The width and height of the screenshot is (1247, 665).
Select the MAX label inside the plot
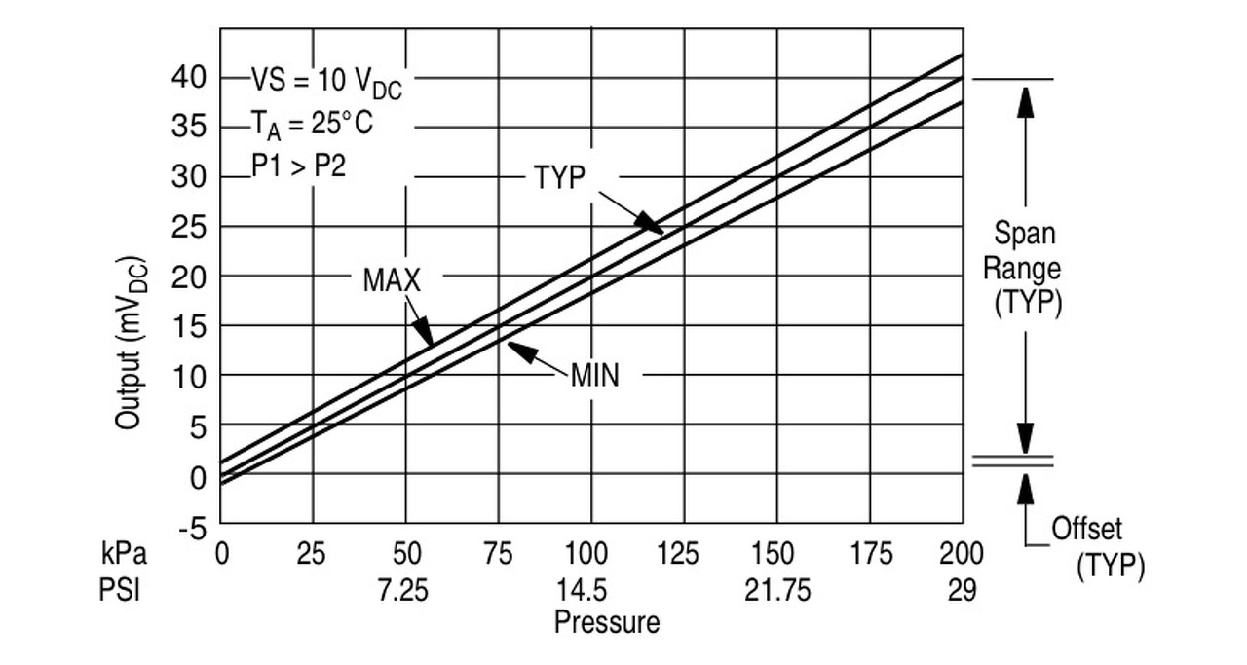392,280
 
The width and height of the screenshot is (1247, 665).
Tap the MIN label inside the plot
594,375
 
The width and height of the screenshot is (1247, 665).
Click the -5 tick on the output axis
191,528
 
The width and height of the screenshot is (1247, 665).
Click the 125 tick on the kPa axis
679,555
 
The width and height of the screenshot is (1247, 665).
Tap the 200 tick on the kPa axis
961,555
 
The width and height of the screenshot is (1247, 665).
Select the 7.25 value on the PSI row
403,591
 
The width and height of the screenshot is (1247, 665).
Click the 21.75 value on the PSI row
777,591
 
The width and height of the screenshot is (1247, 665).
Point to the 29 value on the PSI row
962,591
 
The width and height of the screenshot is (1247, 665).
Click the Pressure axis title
606,622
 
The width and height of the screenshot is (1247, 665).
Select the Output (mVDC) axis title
132,343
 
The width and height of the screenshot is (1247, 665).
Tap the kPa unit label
124,555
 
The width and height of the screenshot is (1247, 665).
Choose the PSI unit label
120,591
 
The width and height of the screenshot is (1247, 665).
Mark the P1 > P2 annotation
298,165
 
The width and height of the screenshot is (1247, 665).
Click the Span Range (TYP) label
1024,268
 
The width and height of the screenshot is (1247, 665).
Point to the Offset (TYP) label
1097,547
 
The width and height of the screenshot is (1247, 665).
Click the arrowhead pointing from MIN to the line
517,349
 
